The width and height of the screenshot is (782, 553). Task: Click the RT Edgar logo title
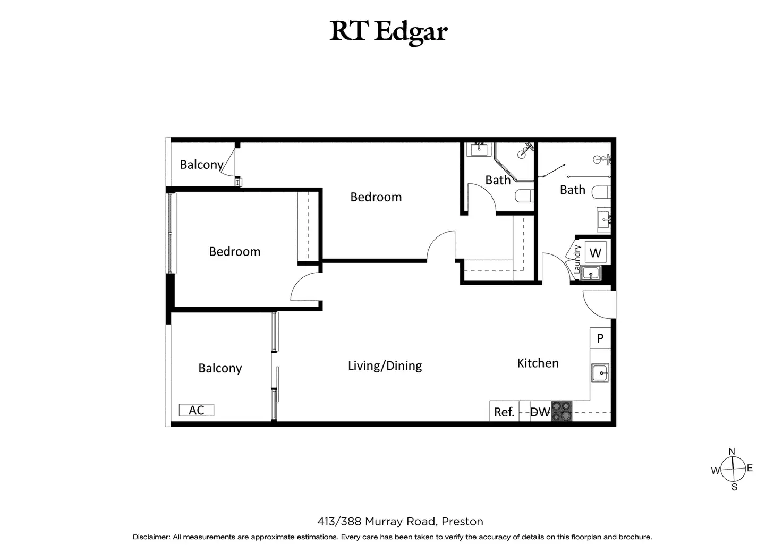coord(388,31)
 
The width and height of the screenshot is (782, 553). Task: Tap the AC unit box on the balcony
coord(197,410)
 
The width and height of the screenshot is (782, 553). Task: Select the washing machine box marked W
coord(595,253)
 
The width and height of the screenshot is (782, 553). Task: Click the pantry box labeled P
coord(600,338)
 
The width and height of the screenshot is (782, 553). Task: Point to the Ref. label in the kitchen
coord(504,412)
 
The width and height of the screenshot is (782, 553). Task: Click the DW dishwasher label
coord(540,412)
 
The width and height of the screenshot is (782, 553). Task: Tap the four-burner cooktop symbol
coord(562,411)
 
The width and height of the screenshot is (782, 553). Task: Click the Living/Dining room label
coord(385,365)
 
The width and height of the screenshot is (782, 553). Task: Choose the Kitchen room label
coord(538,363)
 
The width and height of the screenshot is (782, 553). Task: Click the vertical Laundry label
coord(577,259)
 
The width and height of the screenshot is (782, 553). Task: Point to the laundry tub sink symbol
coord(590,274)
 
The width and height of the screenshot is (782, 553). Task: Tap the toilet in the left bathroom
coord(524,196)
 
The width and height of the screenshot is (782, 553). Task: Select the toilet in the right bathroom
coord(602,192)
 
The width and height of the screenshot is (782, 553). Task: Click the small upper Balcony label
coord(201,165)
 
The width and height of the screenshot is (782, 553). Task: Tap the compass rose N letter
coord(732,452)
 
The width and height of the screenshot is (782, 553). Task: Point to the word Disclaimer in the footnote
coord(151,537)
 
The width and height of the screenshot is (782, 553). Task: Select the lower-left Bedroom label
coord(235,251)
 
